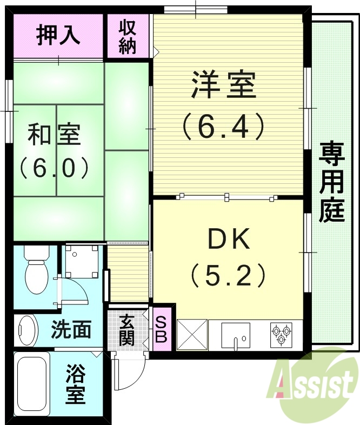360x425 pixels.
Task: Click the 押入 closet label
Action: (58, 35)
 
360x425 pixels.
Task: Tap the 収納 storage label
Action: (128, 37)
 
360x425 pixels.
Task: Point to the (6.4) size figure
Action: (223, 127)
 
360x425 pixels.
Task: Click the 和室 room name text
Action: (54, 135)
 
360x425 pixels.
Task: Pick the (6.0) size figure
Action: (54, 168)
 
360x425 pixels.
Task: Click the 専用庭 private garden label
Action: (331, 182)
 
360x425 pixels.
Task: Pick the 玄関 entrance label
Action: (127, 330)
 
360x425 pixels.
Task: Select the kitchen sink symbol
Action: (235, 335)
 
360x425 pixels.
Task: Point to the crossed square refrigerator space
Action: (192, 335)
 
